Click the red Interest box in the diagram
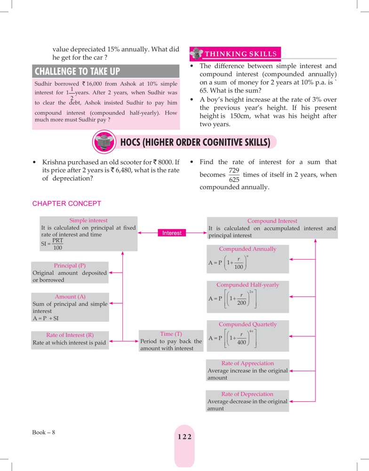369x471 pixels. (172, 233)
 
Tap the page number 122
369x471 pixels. (184, 437)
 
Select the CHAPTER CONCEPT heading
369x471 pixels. (66, 203)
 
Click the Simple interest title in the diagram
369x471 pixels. (88, 220)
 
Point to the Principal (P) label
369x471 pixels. (70, 266)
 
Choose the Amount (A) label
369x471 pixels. (70, 297)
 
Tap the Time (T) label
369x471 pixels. (171, 334)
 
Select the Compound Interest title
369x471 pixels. (272, 221)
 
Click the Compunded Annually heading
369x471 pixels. (248, 249)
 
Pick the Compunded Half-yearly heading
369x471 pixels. (248, 285)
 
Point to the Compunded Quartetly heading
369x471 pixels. (248, 325)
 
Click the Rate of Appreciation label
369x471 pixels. (248, 363)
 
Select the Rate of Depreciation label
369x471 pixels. (247, 394)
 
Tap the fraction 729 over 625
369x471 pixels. (234, 175)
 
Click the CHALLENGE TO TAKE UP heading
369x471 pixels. (78, 72)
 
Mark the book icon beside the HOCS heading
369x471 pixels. (102, 142)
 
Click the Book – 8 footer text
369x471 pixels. (44, 432)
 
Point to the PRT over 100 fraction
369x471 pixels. (57, 244)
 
